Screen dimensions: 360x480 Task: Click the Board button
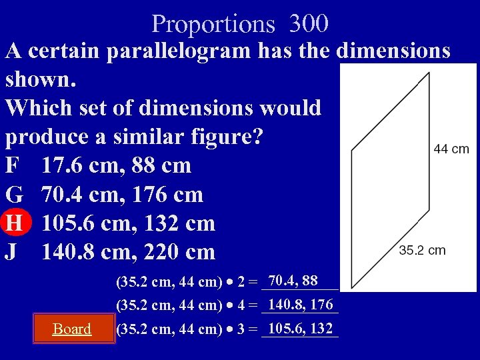point(72,329)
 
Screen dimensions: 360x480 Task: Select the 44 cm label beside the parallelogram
point(451,149)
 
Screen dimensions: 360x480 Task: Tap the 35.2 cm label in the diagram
point(422,251)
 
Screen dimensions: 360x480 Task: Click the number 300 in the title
point(309,24)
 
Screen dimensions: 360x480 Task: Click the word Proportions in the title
point(213,25)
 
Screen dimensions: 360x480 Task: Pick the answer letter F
point(13,165)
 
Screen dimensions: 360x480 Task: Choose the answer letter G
point(14,195)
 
